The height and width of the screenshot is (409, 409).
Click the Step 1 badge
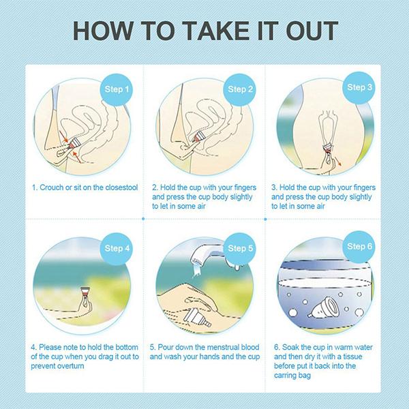(x=117, y=89)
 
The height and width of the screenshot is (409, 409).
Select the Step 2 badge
(x=240, y=89)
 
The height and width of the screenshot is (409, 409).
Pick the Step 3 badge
(x=359, y=88)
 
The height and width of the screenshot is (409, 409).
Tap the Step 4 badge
(x=117, y=248)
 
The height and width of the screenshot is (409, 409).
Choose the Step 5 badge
(x=240, y=248)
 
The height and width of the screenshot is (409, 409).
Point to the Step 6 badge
(x=359, y=247)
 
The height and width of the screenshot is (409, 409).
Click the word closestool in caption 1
(x=121, y=187)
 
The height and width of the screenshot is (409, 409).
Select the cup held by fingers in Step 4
(x=85, y=292)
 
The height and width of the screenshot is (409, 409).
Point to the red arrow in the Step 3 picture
(x=337, y=161)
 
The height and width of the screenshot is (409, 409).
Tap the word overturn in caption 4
(x=70, y=366)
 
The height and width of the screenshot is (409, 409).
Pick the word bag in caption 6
(x=305, y=376)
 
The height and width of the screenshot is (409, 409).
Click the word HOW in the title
(x=103, y=31)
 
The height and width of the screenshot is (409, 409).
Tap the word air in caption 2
(x=201, y=207)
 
